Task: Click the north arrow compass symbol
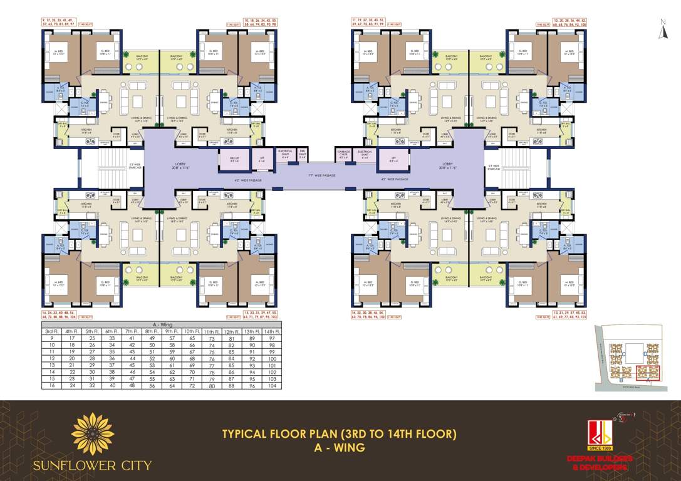click(x=661, y=30)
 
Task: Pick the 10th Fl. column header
click(x=192, y=331)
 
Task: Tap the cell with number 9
click(x=51, y=338)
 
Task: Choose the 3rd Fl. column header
click(x=51, y=331)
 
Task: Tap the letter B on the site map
click(x=620, y=380)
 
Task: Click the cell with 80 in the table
click(x=212, y=386)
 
